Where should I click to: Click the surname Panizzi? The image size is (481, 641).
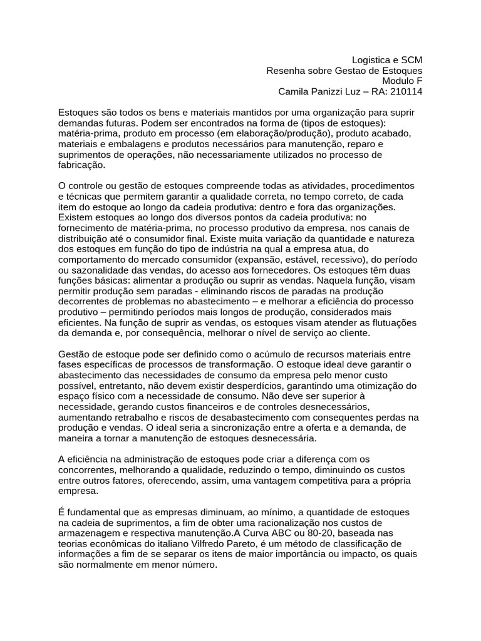click(x=329, y=91)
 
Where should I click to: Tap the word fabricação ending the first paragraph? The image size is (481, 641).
click(x=82, y=165)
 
